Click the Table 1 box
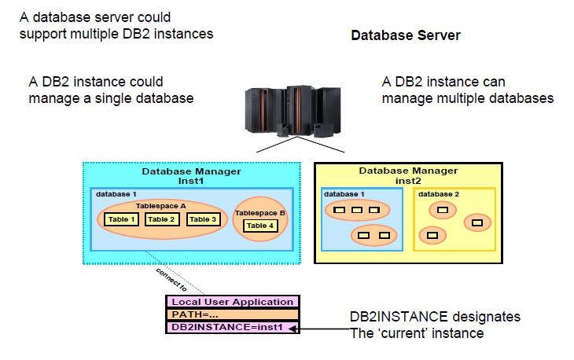[120, 219]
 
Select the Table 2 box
[162, 219]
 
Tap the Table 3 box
[202, 219]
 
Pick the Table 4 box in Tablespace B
[259, 226]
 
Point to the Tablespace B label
[261, 212]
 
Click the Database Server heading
[405, 35]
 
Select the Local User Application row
[219, 302]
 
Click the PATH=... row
[219, 314]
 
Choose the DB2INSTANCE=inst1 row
[219, 327]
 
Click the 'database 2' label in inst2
[440, 193]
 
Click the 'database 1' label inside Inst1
[116, 193]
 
